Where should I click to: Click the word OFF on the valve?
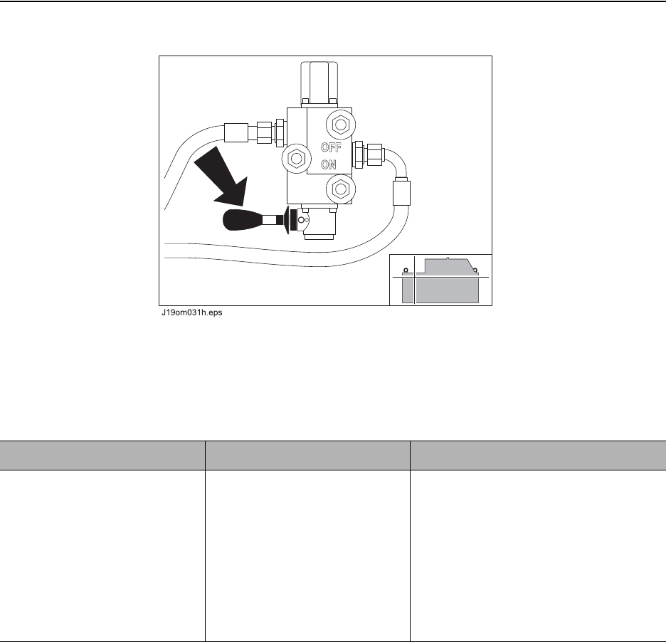331,147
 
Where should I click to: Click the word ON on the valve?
328,164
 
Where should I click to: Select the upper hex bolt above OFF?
341,125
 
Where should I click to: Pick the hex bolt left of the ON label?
297,159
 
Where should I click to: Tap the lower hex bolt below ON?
341,189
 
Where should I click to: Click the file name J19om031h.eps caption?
191,312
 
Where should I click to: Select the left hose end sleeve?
236,132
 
